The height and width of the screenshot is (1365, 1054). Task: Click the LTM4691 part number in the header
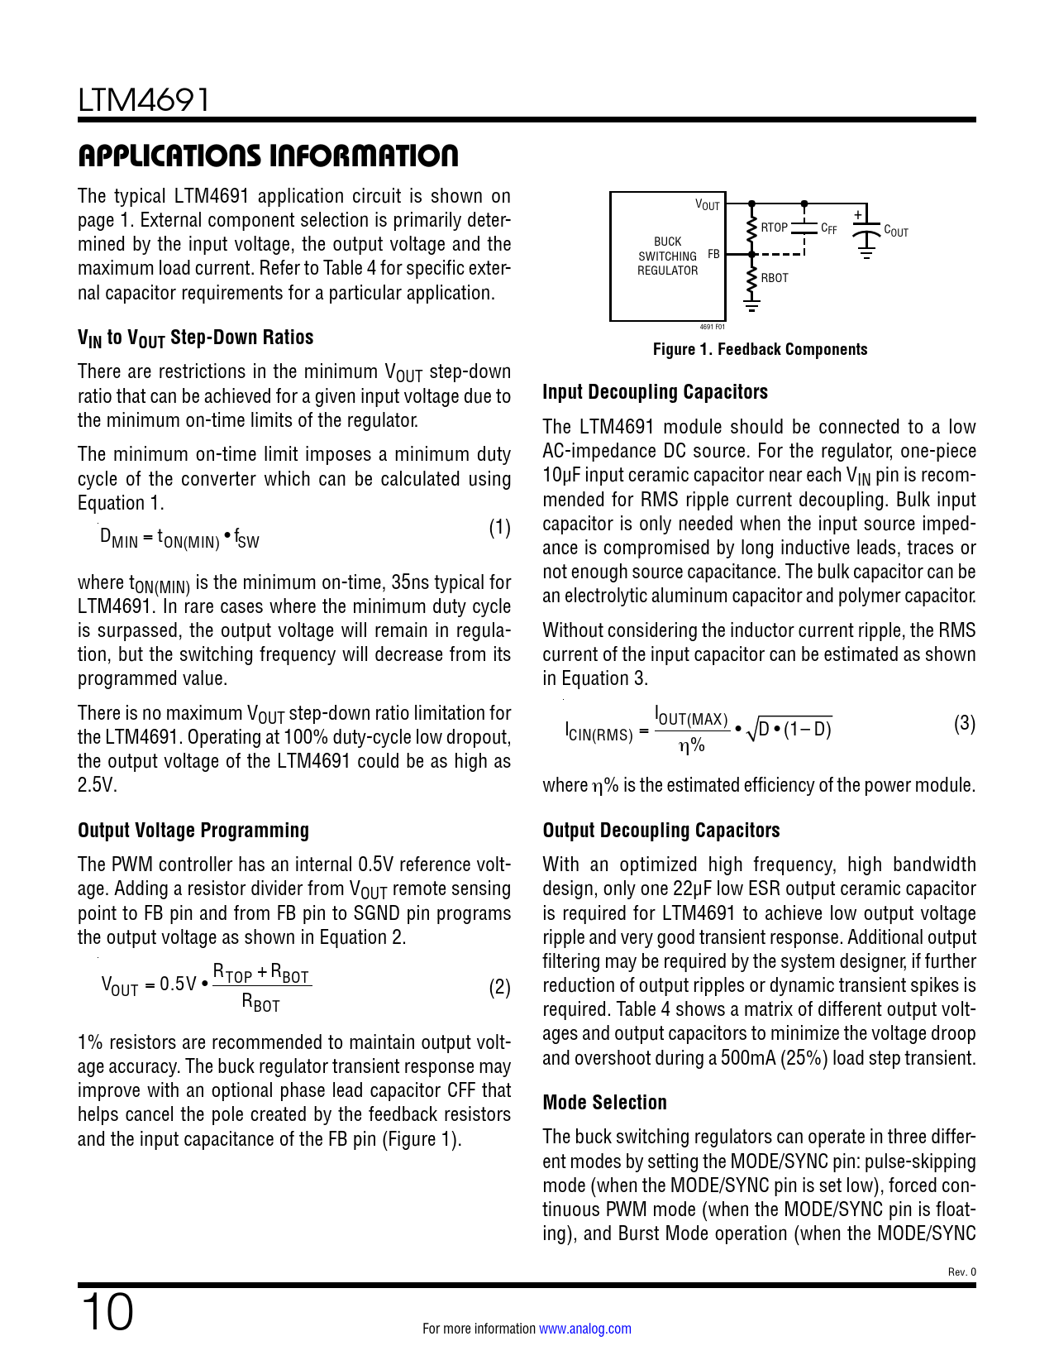coord(144,100)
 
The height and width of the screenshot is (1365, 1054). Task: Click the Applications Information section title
coord(268,156)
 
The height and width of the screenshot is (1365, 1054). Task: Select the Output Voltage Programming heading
coord(193,831)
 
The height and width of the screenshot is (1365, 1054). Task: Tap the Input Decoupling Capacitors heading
coord(655,392)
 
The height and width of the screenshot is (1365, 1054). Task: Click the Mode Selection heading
coord(604,1103)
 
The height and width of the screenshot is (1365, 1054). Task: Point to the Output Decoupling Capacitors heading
coord(661,831)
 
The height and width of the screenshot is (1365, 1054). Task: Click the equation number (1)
coord(499,528)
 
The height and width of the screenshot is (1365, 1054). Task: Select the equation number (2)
coord(499,988)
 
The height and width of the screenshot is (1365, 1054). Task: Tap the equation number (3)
coord(964,724)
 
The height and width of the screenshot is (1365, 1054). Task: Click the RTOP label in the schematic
coord(774,227)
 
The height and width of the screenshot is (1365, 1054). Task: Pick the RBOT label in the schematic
coord(775,278)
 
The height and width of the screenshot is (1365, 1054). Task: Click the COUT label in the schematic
coord(896,232)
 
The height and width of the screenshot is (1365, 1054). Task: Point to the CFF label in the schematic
coord(828,228)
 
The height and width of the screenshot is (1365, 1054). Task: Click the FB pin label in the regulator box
coord(713,255)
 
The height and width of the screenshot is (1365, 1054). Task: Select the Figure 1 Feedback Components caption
coord(760,349)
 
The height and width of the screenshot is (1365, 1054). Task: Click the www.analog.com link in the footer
coord(584,1329)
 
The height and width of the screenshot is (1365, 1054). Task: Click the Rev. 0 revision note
coord(961,1272)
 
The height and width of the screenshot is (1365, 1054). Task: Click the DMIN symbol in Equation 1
coord(119,538)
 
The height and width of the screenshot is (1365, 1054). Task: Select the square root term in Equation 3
coord(789,730)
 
